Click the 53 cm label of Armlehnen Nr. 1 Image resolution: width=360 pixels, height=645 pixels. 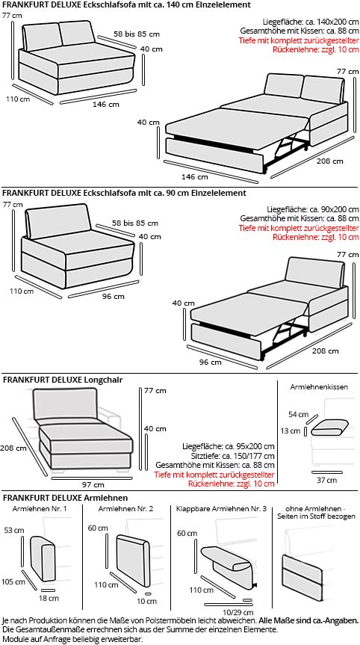tap(14, 530)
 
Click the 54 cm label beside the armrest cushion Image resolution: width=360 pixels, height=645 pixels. tap(298, 413)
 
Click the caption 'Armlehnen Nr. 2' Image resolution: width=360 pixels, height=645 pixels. tap(126, 509)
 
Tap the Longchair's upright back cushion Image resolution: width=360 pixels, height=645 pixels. tap(64, 406)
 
